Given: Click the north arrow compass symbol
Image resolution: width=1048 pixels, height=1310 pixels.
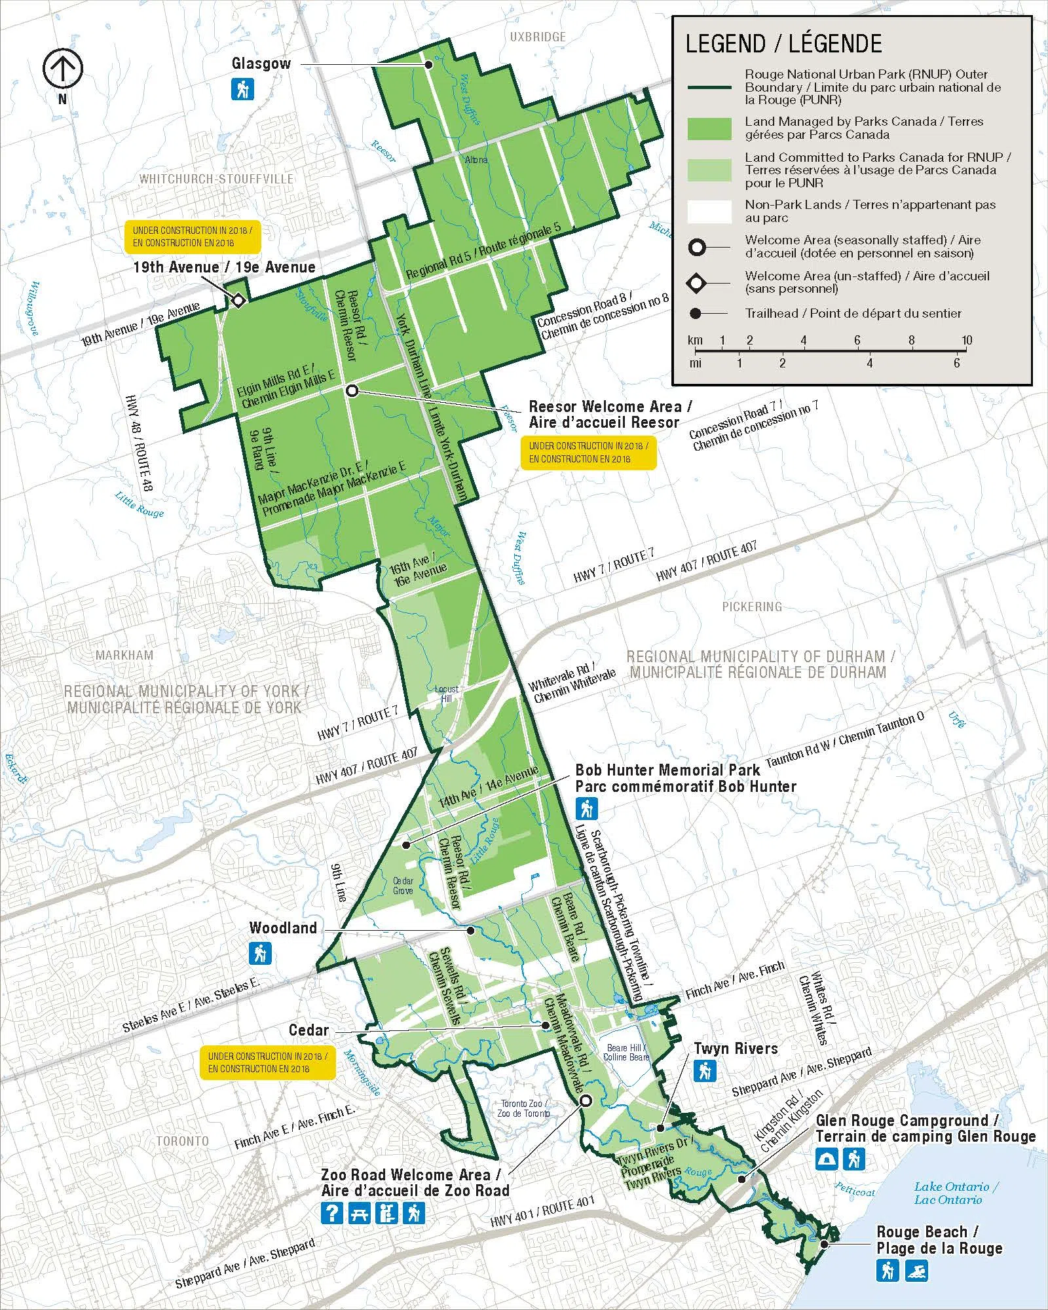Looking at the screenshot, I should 63,68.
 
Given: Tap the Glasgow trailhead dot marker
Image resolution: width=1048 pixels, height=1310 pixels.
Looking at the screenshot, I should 428,64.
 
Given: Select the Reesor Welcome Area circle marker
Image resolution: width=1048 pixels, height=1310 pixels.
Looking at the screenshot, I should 352,390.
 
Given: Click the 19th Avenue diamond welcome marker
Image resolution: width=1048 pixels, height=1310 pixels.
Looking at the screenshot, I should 238,301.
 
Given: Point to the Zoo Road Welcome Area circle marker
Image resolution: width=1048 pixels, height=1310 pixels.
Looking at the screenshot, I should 585,1101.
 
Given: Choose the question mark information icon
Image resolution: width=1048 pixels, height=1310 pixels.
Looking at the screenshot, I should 332,1213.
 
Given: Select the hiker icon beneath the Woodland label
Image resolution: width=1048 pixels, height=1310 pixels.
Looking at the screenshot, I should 260,953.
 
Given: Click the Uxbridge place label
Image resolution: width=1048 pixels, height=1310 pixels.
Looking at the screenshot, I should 537,37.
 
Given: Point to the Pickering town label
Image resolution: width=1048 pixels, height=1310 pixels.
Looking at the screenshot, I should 751,607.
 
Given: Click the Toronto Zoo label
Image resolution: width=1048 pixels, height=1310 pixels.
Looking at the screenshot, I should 523,1108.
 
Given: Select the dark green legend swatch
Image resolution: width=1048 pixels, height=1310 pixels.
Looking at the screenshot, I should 709,128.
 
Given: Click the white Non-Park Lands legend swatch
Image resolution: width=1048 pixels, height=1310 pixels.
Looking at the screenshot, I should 709,211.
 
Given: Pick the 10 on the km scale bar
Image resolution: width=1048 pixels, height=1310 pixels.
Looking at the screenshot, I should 967,340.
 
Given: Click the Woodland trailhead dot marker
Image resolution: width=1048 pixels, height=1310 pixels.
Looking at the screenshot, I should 470,930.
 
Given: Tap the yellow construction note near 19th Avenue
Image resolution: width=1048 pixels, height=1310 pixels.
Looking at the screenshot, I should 193,236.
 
